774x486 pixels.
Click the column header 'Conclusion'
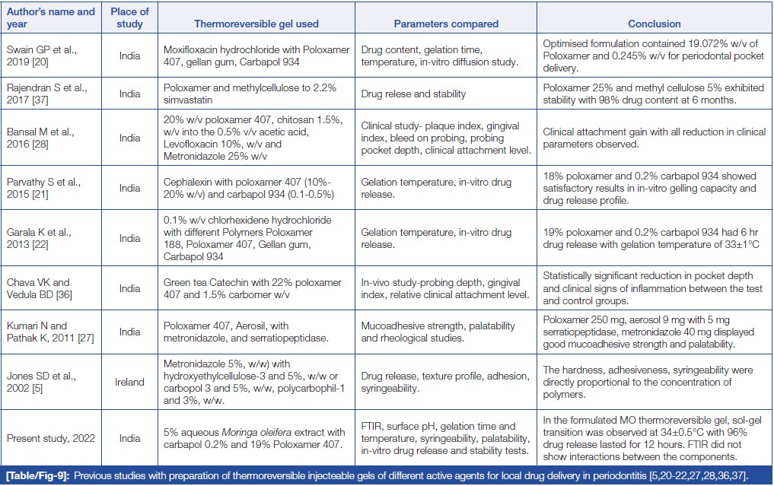coord(654,24)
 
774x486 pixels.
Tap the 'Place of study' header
coord(129,17)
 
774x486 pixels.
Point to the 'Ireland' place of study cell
coord(129,382)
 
